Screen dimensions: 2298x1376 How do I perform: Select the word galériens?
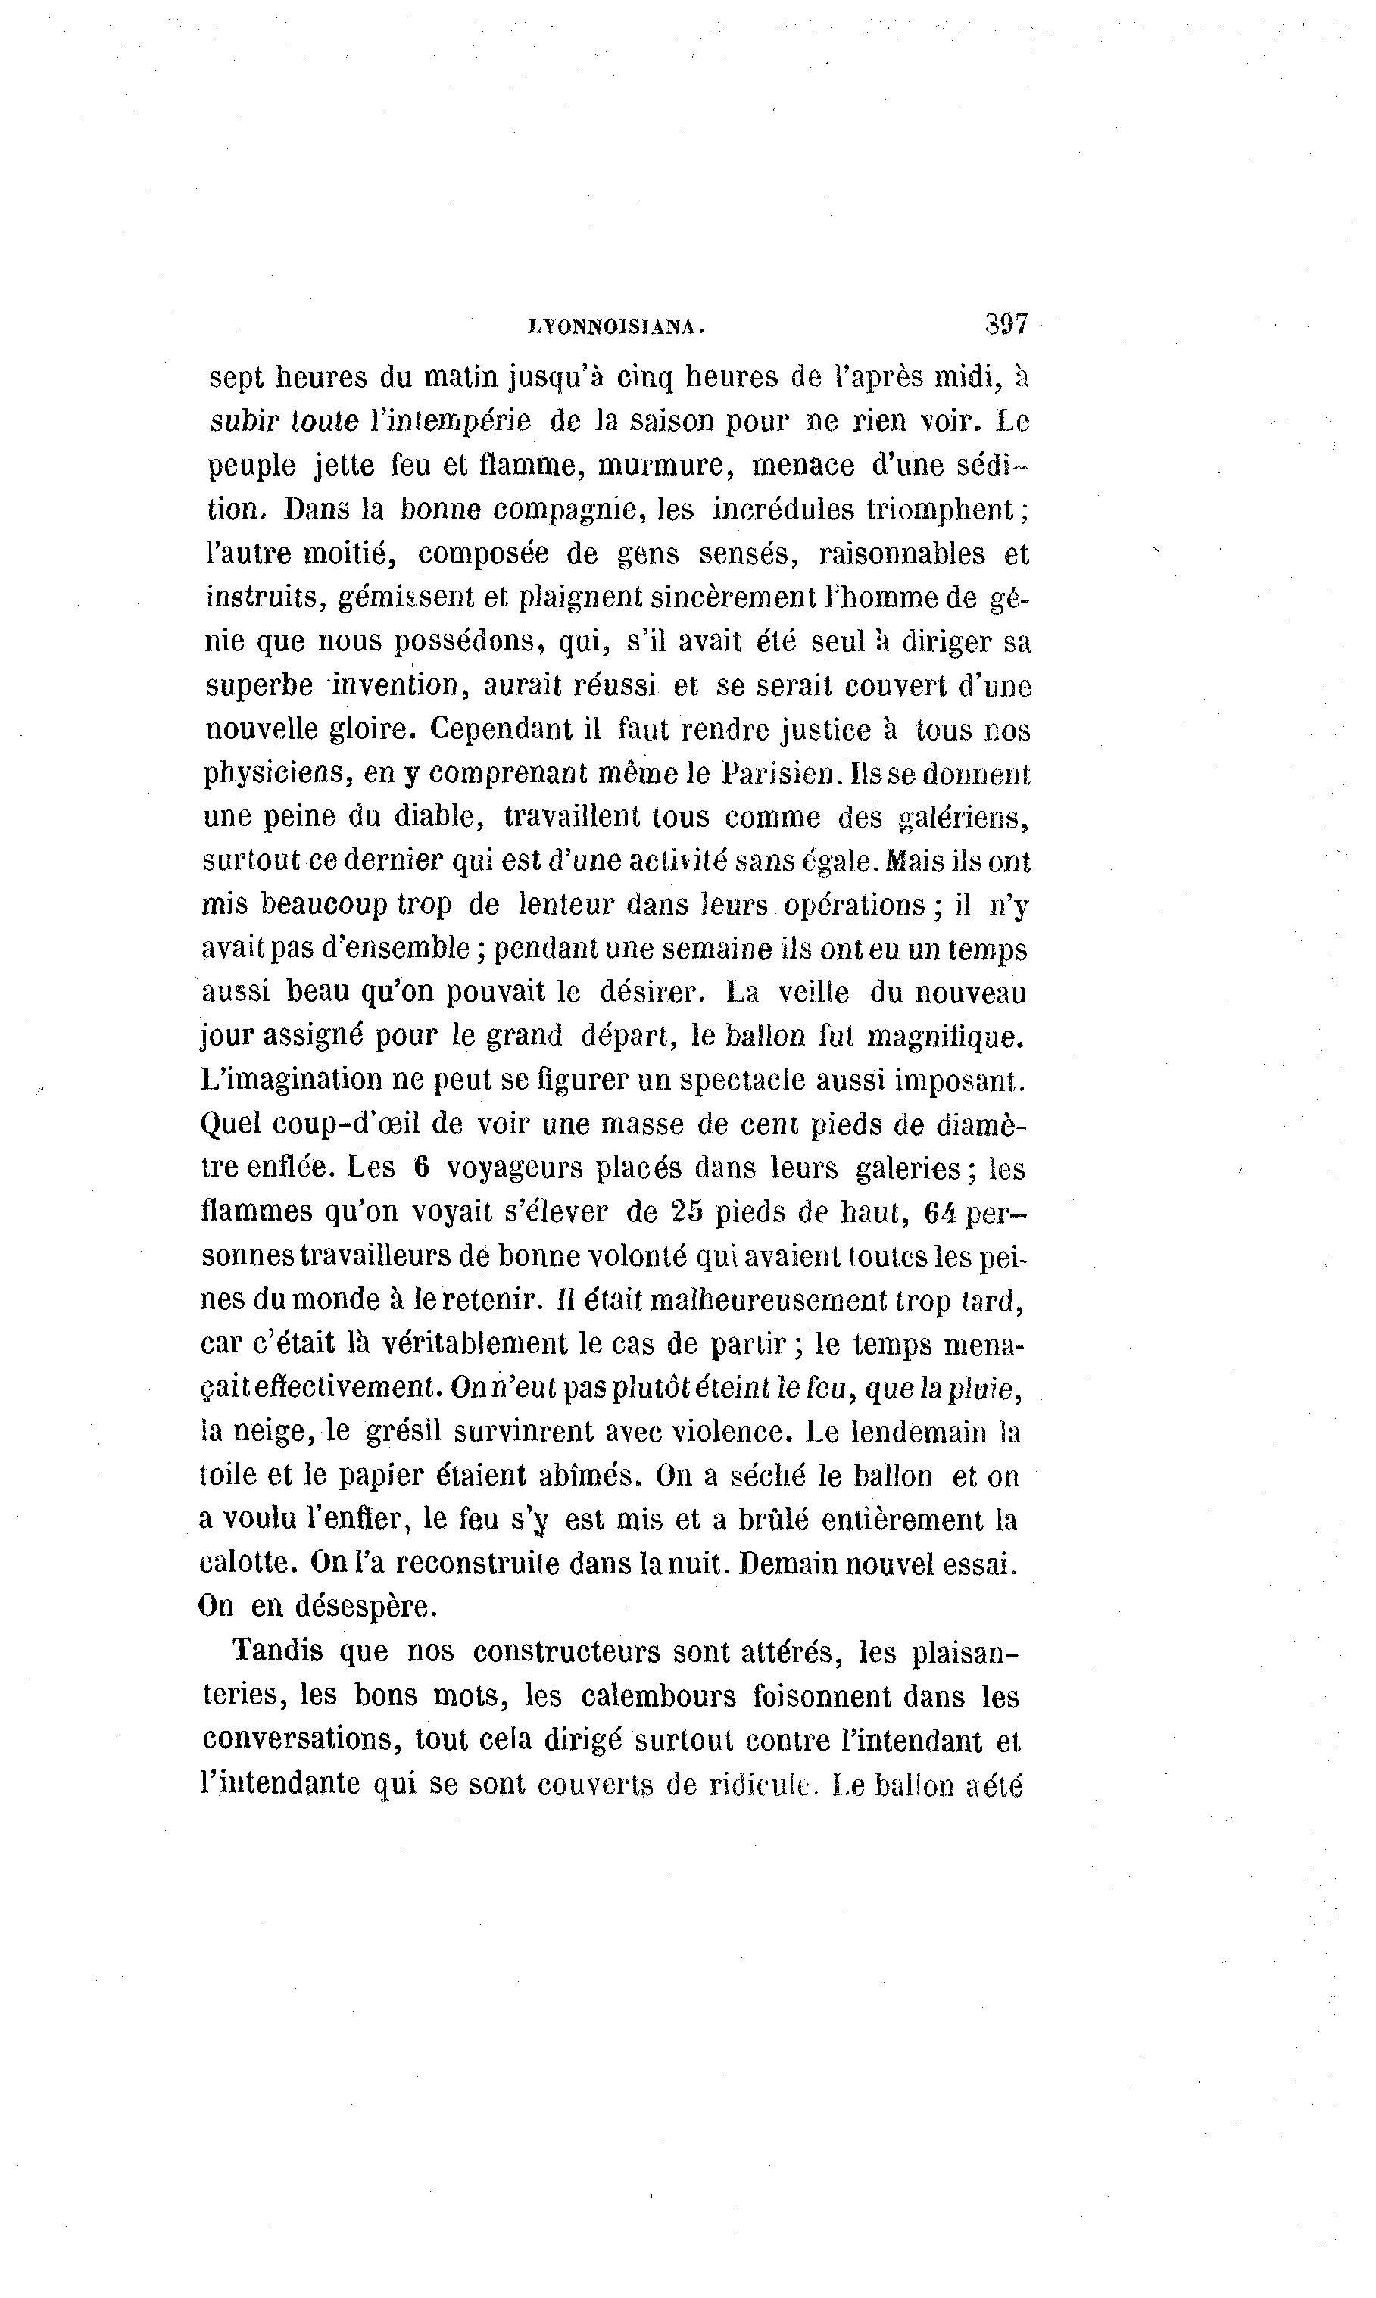tap(963, 818)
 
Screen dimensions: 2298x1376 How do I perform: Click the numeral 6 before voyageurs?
tap(422, 1168)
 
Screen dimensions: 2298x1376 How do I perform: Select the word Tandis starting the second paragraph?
tap(277, 1651)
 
